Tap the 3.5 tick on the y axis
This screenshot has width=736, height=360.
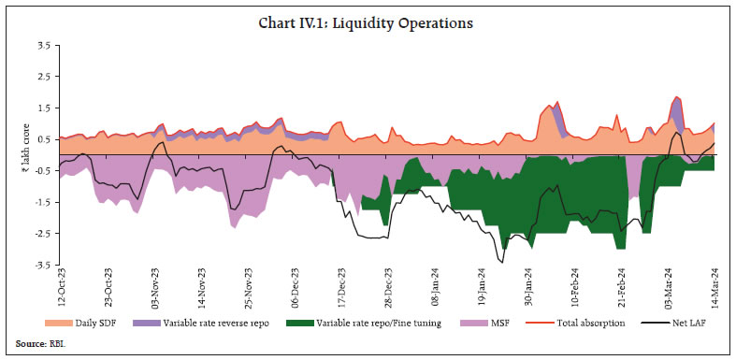click(43, 44)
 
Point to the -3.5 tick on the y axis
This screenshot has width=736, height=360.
click(42, 265)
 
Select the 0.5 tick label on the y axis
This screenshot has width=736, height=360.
click(43, 138)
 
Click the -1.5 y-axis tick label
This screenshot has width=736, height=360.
click(42, 202)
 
